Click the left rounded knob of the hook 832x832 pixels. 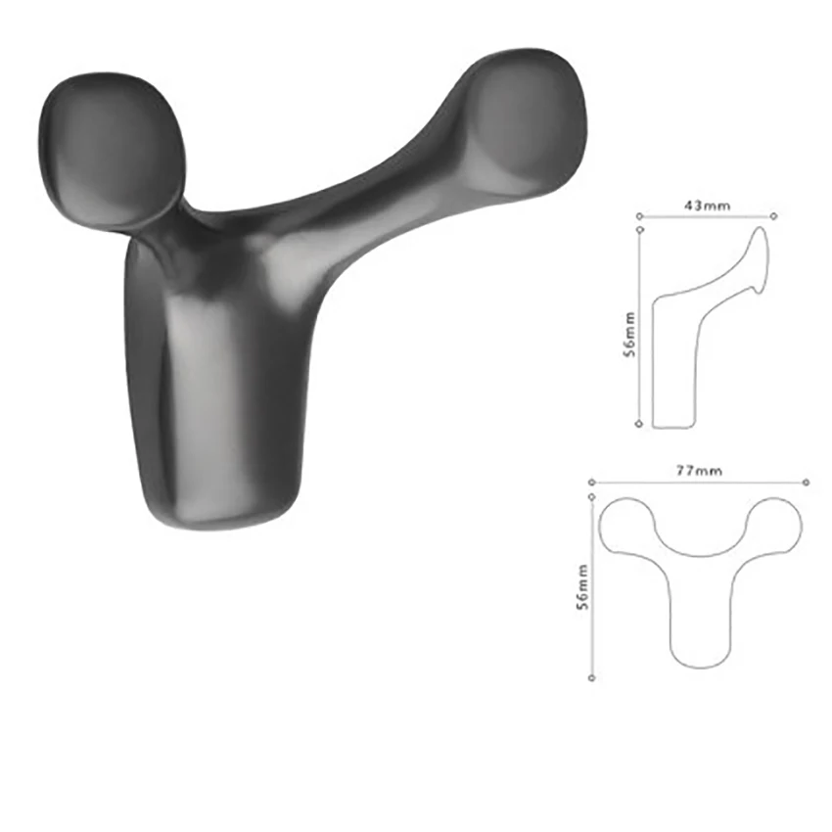pyautogui.click(x=110, y=149)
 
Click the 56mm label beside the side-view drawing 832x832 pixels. pyautogui.click(x=632, y=335)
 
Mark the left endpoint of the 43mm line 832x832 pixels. pyautogui.click(x=638, y=215)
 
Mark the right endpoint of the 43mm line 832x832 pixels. pyautogui.click(x=774, y=215)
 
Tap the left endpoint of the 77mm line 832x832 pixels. pyautogui.click(x=592, y=482)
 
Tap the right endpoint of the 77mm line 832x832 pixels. pyautogui.click(x=806, y=482)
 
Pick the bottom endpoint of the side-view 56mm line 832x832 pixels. pyautogui.click(x=639, y=424)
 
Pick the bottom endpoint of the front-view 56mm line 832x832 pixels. pyautogui.click(x=592, y=677)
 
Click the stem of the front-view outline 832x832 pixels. pyautogui.click(x=701, y=617)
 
